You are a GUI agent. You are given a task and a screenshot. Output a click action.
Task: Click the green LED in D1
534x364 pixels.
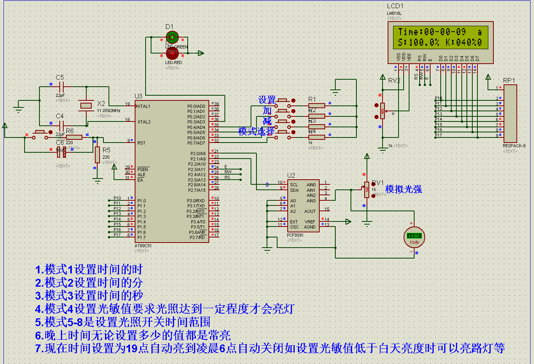[172, 37]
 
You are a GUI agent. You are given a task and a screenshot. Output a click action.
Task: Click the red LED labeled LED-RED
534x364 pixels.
[172, 53]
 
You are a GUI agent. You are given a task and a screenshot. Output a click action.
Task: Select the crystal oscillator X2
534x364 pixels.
[86, 105]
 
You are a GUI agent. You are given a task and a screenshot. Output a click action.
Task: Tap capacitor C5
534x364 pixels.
[61, 87]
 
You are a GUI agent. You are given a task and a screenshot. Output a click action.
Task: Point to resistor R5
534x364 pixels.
[97, 155]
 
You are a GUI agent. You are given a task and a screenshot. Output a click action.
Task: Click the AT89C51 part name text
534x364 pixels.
[143, 246]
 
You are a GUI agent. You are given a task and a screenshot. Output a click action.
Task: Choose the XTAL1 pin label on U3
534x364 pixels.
[144, 106]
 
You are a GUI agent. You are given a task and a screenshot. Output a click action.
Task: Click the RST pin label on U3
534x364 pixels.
[141, 143]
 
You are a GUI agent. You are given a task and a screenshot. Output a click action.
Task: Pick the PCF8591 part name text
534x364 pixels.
[295, 235]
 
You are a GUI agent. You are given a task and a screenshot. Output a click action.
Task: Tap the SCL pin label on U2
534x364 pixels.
[294, 185]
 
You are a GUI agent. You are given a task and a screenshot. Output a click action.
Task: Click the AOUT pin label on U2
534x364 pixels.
[310, 211]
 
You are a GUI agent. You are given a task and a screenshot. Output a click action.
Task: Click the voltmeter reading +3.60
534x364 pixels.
[413, 236]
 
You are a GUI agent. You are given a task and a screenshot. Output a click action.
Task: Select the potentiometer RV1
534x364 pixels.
[367, 189]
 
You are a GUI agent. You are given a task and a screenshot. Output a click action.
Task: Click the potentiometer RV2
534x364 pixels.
[382, 111]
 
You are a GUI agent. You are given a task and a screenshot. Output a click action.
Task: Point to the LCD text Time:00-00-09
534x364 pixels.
[432, 32]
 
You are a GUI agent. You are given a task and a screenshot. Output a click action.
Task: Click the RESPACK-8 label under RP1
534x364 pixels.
[514, 146]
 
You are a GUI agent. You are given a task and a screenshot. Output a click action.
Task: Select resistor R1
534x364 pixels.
[317, 105]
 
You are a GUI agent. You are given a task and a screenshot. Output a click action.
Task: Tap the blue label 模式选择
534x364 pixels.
[256, 132]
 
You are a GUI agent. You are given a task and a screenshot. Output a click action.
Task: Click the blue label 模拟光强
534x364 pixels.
[403, 189]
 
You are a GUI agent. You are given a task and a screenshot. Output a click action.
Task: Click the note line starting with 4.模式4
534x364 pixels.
[164, 309]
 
